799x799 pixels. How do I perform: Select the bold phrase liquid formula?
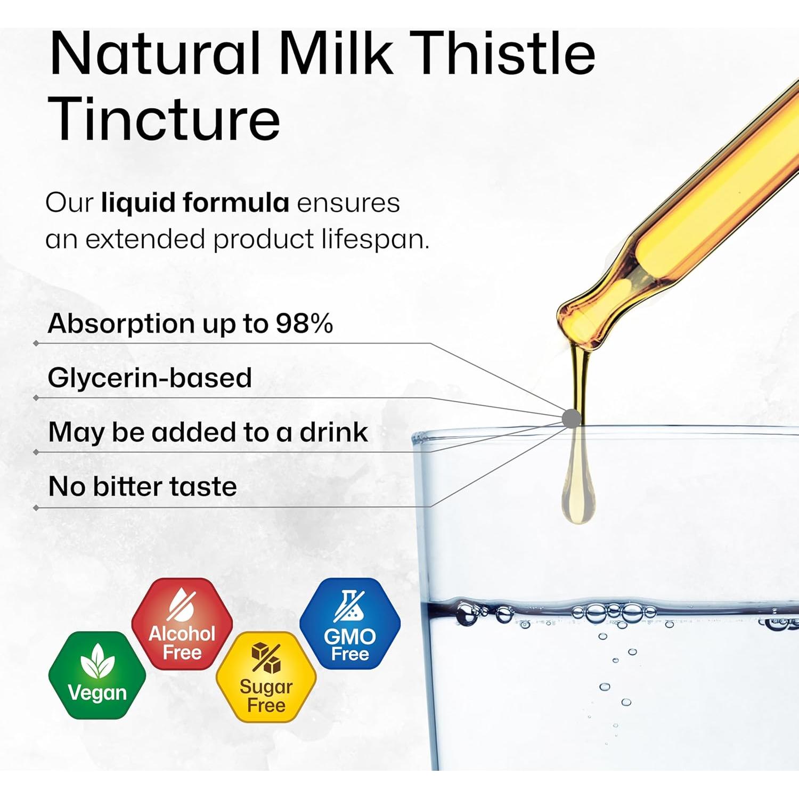click(195, 203)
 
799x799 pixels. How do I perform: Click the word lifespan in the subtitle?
click(375, 239)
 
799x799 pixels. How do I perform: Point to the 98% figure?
click(304, 323)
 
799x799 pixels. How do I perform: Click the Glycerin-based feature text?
click(150, 378)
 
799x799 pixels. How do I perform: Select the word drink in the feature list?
click(333, 431)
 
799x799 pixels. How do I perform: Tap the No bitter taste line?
click(142, 486)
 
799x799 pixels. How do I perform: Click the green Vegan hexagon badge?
click(97, 675)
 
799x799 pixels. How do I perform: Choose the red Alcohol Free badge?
click(182, 624)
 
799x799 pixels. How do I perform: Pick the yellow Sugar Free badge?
click(266, 677)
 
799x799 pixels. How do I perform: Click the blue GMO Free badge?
click(350, 624)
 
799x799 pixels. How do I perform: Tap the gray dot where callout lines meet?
click(572, 418)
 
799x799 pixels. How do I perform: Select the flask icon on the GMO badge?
click(349, 606)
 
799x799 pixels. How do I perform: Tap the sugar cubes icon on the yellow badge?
click(266, 658)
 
